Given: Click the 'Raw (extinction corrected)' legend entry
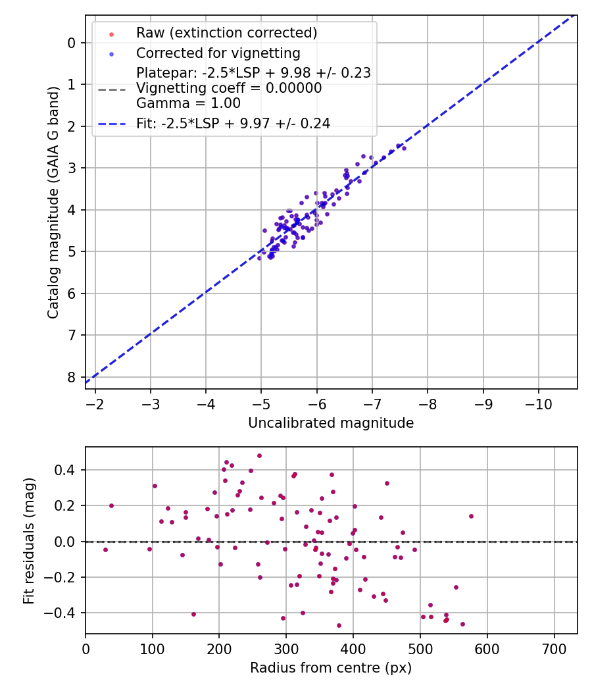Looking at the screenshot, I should [x=226, y=32].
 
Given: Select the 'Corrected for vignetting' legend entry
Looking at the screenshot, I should [x=218, y=53].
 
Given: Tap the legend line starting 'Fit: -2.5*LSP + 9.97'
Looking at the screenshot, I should [x=233, y=123].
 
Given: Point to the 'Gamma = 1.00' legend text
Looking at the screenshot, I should [x=188, y=103].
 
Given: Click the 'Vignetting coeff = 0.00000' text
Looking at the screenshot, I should [x=229, y=88].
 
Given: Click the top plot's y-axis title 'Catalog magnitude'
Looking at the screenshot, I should [x=54, y=202].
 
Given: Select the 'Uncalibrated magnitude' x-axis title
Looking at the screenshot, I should [x=331, y=423].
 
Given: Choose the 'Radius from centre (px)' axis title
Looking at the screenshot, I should [x=331, y=668].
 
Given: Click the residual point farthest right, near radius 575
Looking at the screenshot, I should [x=471, y=516].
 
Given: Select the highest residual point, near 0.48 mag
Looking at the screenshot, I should [x=259, y=455].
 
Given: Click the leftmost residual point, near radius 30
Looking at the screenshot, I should [x=105, y=550].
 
